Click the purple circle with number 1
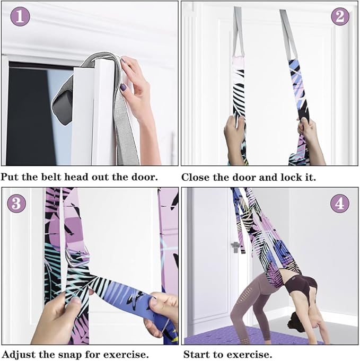[20, 16]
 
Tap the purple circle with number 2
[340, 16]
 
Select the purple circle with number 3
[16, 204]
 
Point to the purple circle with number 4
[340, 204]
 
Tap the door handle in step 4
[235, 247]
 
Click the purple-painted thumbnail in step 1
[124, 87]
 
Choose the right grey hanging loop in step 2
[288, 34]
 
